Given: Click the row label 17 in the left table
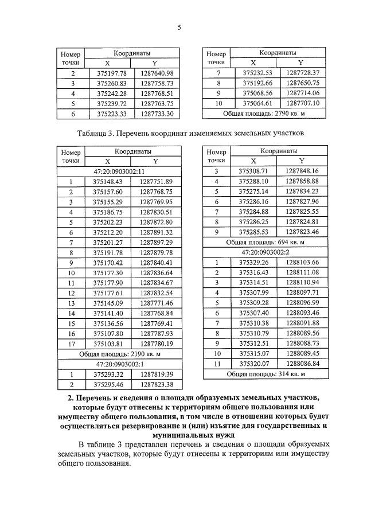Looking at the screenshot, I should (x=71, y=344).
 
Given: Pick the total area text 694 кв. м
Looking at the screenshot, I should (x=264, y=243).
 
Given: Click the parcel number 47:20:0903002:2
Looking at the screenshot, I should (x=264, y=253).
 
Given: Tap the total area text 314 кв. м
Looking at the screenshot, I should (x=264, y=374).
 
